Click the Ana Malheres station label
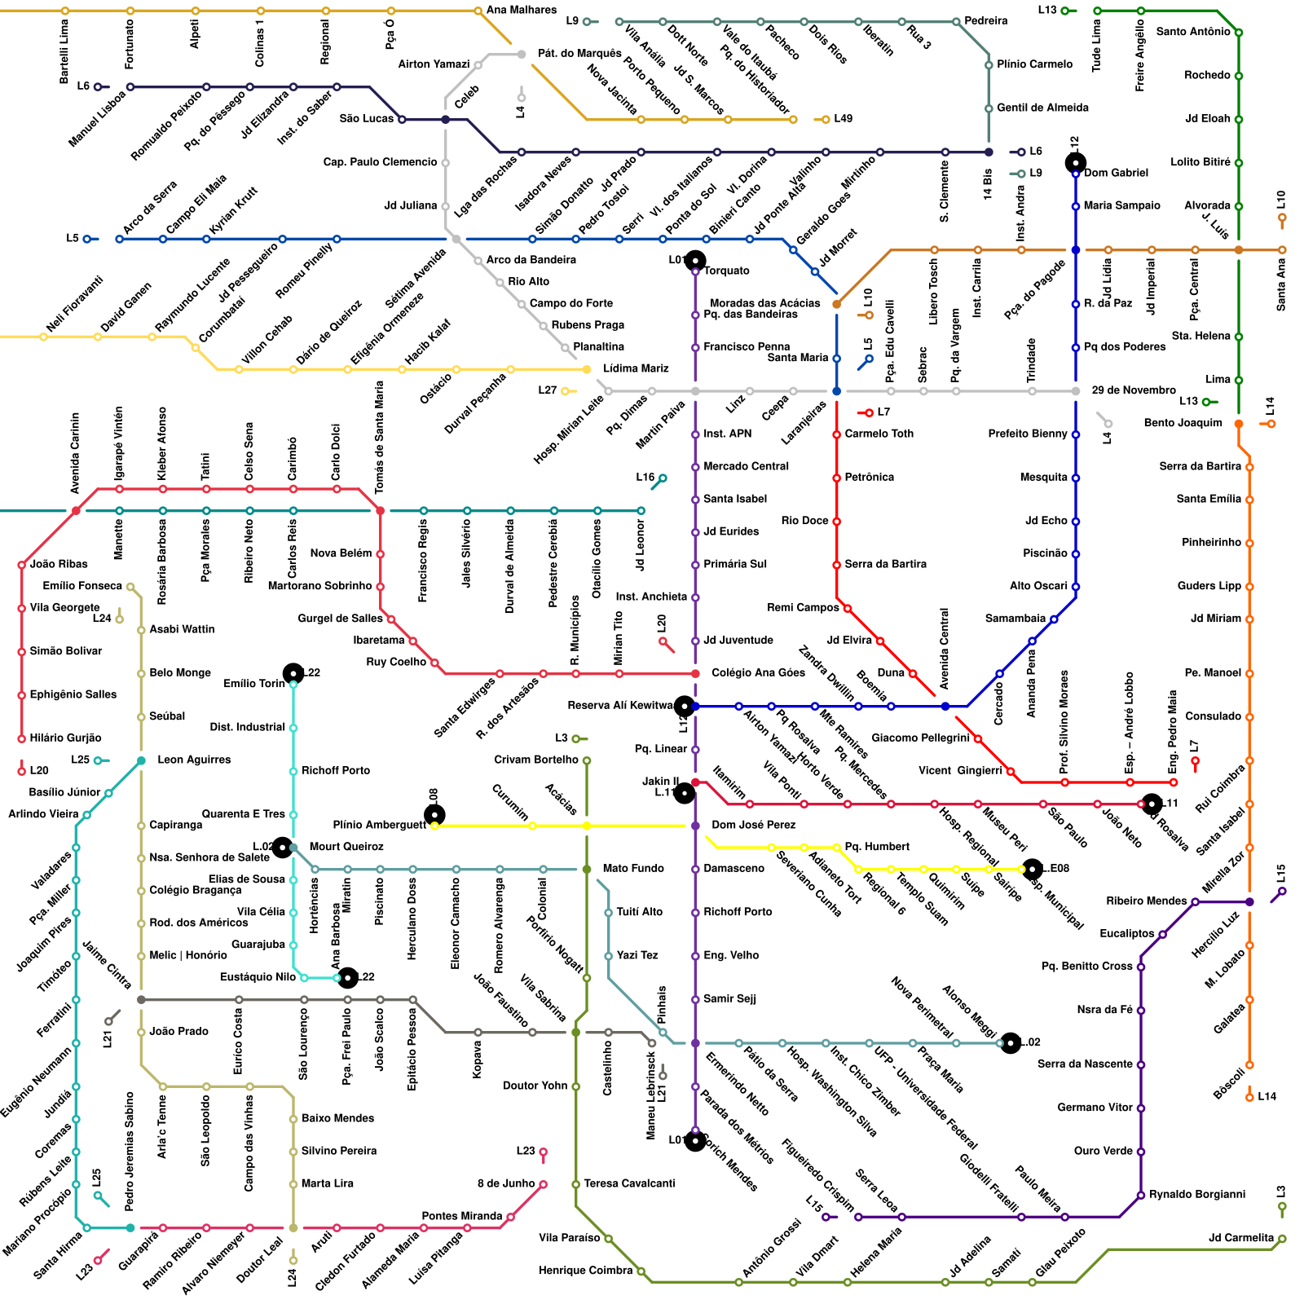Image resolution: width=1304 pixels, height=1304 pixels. pyautogui.click(x=521, y=11)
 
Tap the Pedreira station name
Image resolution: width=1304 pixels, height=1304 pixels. pyautogui.click(x=985, y=21)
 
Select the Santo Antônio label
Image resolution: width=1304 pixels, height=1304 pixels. pyautogui.click(x=1193, y=32)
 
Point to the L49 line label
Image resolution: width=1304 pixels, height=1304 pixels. pyautogui.click(x=843, y=119)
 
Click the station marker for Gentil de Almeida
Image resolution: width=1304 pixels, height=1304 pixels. pyautogui.click(x=989, y=108)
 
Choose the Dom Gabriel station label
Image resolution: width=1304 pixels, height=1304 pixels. pyautogui.click(x=1116, y=173)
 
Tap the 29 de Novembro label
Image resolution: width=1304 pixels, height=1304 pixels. pyautogui.click(x=1134, y=390)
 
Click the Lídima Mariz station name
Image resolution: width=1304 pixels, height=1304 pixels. pyautogui.click(x=636, y=368)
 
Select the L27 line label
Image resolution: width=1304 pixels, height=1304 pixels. pyautogui.click(x=547, y=390)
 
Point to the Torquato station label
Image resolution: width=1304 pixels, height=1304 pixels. pyautogui.click(x=726, y=271)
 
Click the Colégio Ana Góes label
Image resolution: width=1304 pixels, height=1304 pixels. pyautogui.click(x=758, y=673)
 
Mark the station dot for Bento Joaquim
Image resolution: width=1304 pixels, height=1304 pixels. pyautogui.click(x=1239, y=424)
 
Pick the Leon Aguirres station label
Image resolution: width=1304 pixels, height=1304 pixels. pyautogui.click(x=194, y=760)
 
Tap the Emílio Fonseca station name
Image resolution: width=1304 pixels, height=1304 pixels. pyautogui.click(x=82, y=586)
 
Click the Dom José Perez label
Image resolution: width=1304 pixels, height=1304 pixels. pyautogui.click(x=753, y=826)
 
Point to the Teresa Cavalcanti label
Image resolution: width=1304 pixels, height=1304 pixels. pyautogui.click(x=629, y=1183)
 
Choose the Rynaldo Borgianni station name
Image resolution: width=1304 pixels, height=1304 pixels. pyautogui.click(x=1197, y=1195)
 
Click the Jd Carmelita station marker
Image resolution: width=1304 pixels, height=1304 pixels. pyautogui.click(x=1282, y=1239)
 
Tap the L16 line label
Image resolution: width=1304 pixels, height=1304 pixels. pyautogui.click(x=645, y=478)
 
